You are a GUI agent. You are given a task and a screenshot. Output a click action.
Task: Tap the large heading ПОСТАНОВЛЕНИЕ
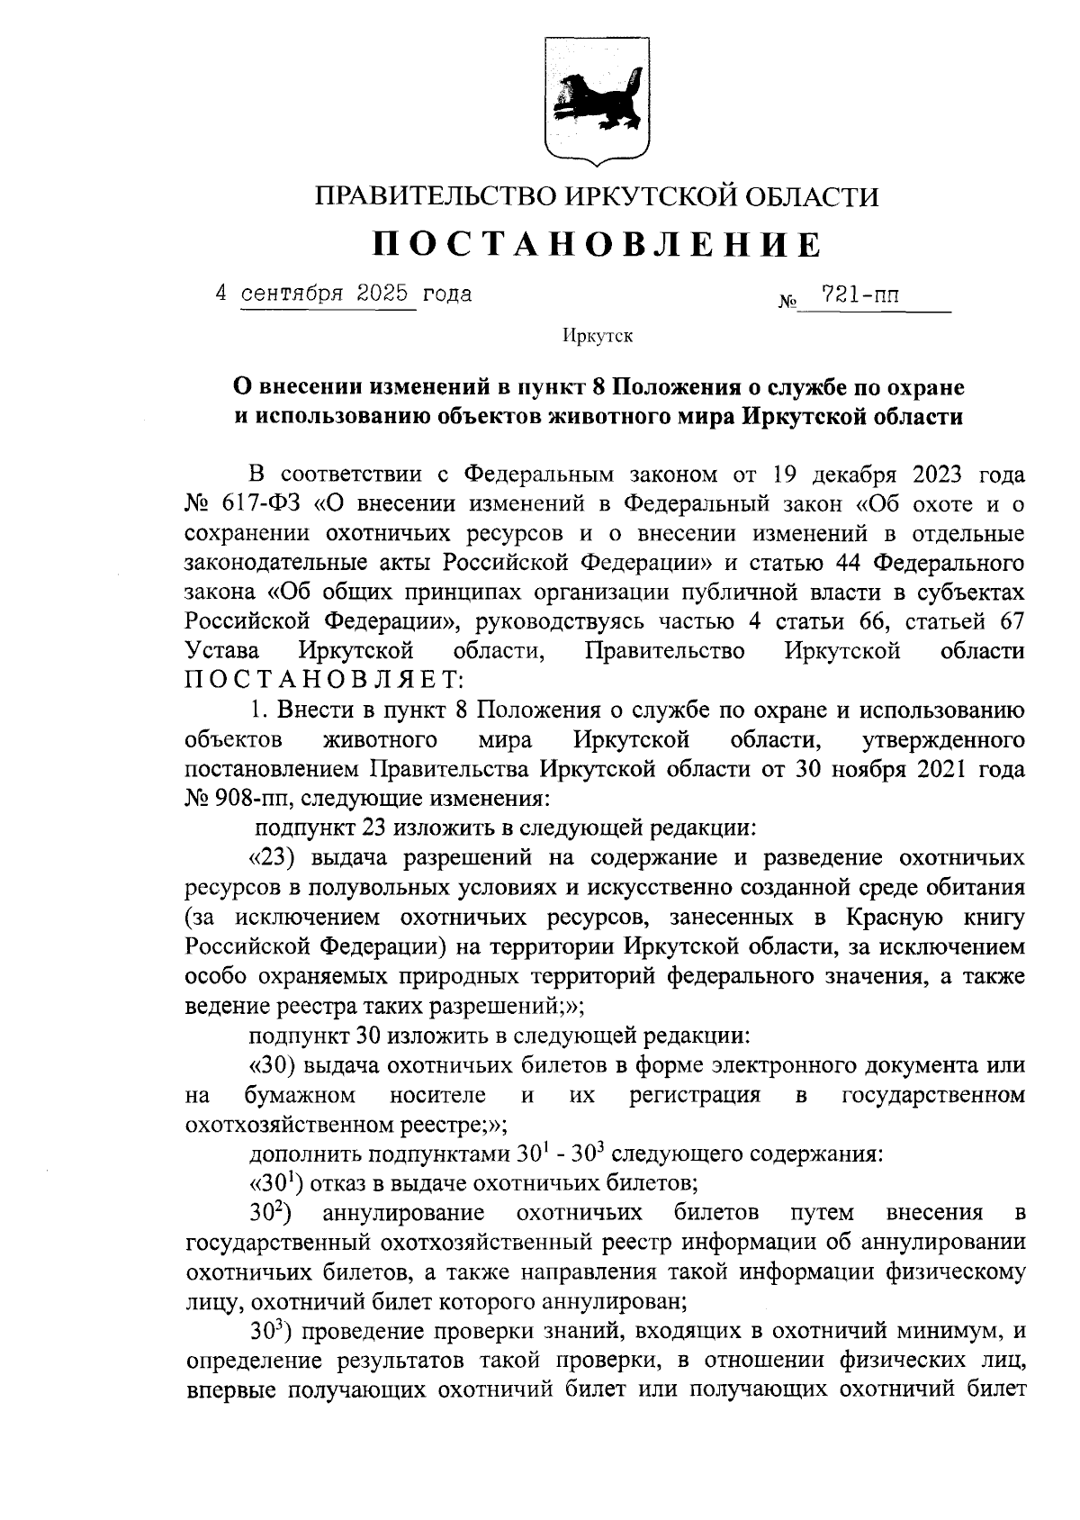pyautogui.click(x=598, y=245)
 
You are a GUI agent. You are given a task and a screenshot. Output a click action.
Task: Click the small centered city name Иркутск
pyautogui.click(x=598, y=337)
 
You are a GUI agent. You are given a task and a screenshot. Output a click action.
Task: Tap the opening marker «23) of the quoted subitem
pyautogui.click(x=270, y=857)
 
